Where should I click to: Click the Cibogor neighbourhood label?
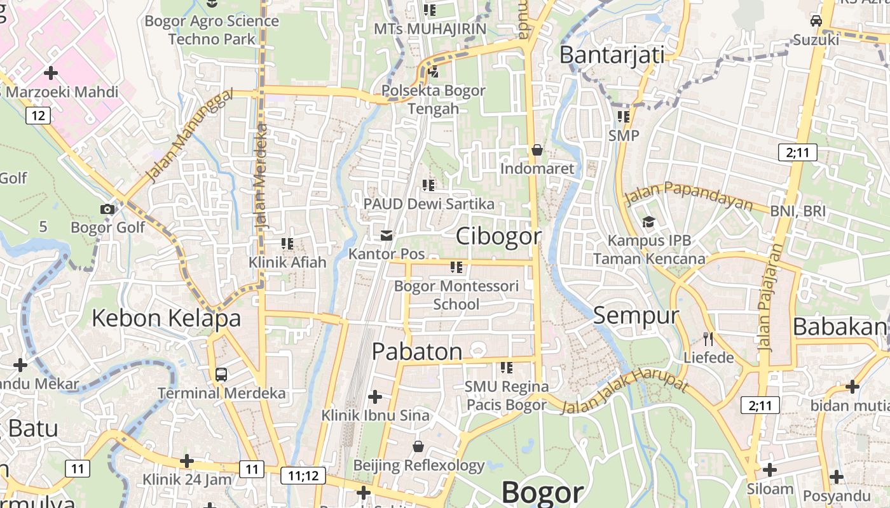coord(499,236)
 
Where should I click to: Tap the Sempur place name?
coord(636,315)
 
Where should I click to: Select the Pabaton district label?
coord(417,351)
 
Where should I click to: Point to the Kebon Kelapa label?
coord(167,318)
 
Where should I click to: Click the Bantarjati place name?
coord(612,55)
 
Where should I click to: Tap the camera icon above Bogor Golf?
coord(107,209)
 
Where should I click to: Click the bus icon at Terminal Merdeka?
coord(221,375)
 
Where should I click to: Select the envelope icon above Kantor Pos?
coord(386,236)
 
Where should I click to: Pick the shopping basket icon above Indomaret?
coord(537,150)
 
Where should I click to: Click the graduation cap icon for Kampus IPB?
coord(648,222)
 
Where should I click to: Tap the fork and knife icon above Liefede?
coord(708,338)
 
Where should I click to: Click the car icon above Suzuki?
coord(816,21)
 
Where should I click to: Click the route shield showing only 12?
coord(38,115)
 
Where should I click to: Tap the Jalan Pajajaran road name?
coord(769,298)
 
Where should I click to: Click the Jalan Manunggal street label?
coord(189,136)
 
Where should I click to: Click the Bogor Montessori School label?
coord(456,295)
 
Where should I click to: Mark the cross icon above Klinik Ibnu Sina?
coord(375,398)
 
